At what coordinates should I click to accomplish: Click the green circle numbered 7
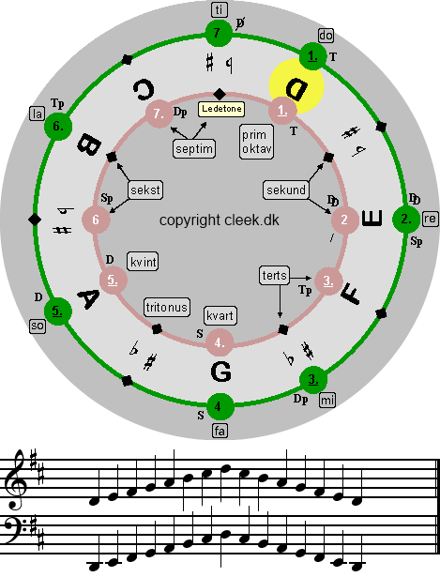click(x=219, y=34)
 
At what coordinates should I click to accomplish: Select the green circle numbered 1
click(x=312, y=56)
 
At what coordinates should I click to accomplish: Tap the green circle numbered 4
click(x=220, y=406)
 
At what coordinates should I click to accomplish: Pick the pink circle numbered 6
click(x=96, y=220)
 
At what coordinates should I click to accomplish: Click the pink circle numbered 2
click(x=344, y=220)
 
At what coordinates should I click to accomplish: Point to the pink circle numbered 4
click(x=220, y=343)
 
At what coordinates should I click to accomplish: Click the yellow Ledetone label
click(x=221, y=109)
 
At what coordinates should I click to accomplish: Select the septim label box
click(x=194, y=148)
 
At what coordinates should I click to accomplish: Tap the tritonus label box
click(x=167, y=308)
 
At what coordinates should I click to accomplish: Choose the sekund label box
click(x=286, y=190)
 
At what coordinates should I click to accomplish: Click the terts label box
click(x=275, y=275)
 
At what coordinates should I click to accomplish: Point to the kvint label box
click(x=144, y=262)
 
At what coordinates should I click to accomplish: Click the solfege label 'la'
click(x=38, y=114)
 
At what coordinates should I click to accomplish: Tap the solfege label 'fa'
click(x=220, y=431)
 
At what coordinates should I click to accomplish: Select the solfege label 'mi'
click(x=327, y=400)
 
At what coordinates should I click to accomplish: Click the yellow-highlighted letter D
click(x=296, y=89)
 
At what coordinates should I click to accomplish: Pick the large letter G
click(x=221, y=372)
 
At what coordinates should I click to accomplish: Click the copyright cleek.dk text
click(x=220, y=220)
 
